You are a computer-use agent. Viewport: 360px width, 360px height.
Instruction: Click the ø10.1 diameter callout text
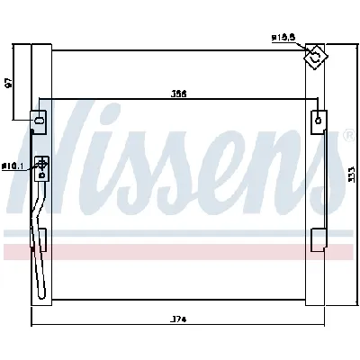tap(12, 166)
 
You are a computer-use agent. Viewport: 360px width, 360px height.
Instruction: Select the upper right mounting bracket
tap(319, 120)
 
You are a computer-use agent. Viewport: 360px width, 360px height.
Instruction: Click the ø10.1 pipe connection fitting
tap(40, 164)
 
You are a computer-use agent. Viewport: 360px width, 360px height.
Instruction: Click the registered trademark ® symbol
tap(348, 136)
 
